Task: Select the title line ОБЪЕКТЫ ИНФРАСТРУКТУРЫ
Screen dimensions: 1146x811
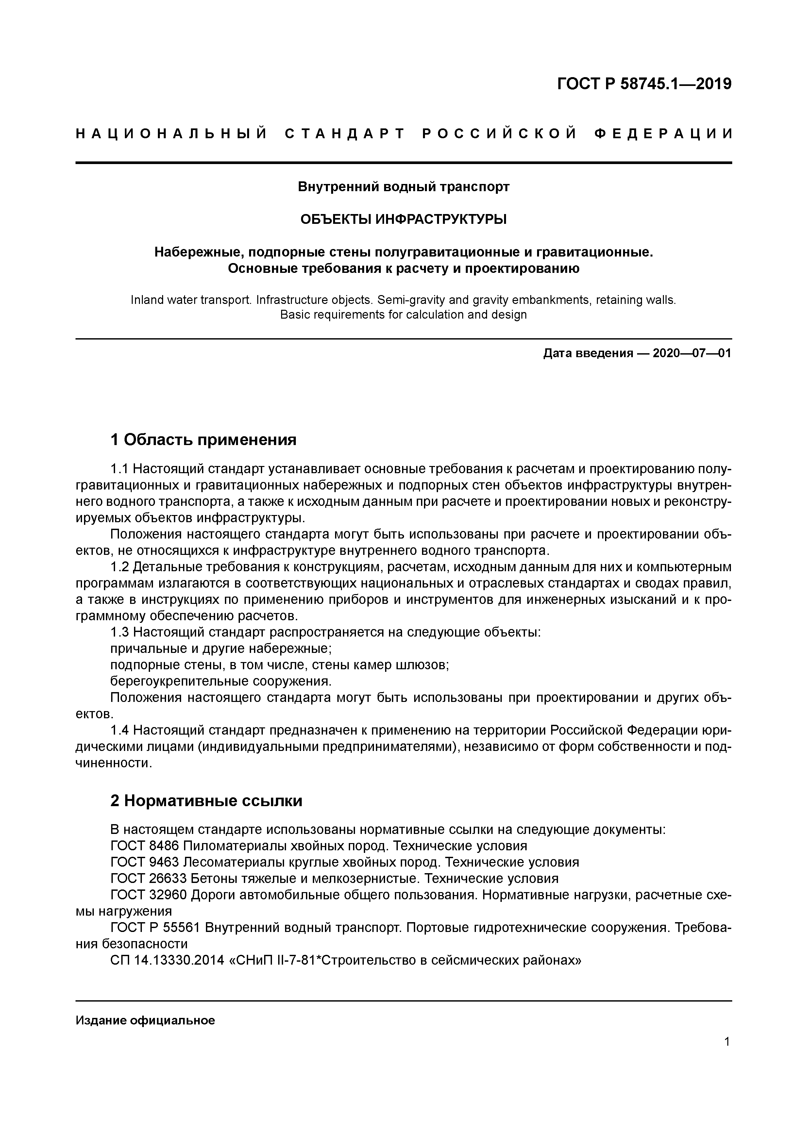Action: click(403, 219)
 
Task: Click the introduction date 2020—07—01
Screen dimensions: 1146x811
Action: click(692, 353)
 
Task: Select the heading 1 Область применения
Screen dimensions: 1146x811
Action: click(203, 439)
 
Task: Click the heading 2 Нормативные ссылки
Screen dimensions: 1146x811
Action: click(206, 801)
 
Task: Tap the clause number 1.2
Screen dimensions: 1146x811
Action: click(120, 567)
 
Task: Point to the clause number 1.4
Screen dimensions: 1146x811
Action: click(120, 730)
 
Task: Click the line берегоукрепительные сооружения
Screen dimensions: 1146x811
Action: click(221, 681)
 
